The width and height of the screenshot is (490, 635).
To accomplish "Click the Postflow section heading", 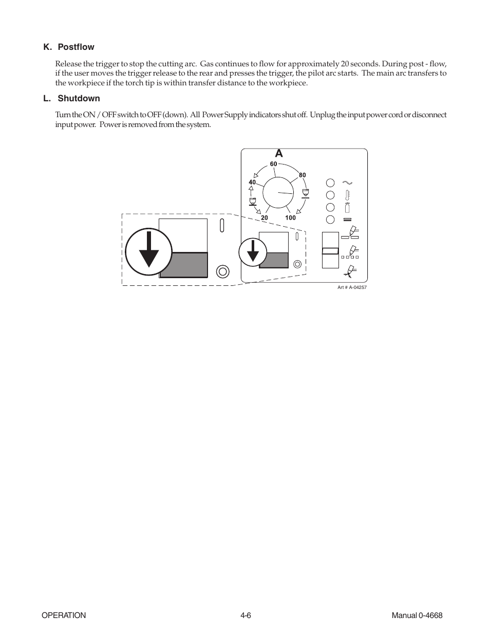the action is pos(69,47).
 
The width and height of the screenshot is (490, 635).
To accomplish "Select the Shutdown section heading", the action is pos(71,98).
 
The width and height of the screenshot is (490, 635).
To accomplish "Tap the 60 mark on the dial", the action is pos(273,164).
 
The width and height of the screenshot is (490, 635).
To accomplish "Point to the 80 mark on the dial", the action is pos(302,175).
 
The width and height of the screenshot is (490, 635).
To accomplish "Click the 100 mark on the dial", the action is pos(290,218).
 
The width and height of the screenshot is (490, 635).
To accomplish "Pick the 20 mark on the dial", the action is pos(264,218).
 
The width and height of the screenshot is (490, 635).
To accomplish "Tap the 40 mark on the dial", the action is pos(252,183).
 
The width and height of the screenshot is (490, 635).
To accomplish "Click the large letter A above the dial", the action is pos(278,154).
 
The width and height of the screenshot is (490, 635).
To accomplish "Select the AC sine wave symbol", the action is pos(347,183).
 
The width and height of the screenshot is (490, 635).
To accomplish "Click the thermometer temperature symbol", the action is pos(347,195).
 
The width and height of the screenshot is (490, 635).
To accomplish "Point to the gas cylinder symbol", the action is pos(347,207).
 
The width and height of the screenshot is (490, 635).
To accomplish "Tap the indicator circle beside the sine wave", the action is pos(330,183).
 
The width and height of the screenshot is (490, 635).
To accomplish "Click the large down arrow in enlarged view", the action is pos(148,249).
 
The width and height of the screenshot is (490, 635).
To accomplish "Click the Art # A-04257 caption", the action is pos(352,287).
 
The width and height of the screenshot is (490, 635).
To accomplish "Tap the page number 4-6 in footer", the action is pos(245,615).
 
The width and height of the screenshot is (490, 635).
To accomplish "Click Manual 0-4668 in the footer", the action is pos(417,615).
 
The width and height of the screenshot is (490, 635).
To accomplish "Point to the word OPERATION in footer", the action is pos(64,615).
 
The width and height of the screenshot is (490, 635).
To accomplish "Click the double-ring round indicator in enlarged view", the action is pos(222,271).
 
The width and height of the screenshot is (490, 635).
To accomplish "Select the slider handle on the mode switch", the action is pos(330,251).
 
